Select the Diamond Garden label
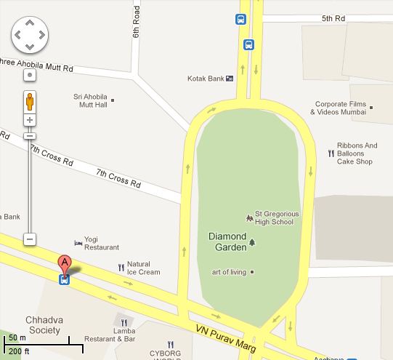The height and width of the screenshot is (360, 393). coord(227,241)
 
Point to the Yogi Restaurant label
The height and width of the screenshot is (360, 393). coord(101,243)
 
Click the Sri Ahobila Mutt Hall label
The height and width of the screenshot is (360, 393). coord(90,100)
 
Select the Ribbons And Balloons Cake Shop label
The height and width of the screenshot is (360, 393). coord(357,153)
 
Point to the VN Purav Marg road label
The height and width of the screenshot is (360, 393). coord(226,339)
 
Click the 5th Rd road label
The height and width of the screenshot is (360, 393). coord(336,18)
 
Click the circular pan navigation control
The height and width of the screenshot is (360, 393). coord(30,33)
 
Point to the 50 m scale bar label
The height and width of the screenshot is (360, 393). coord(16,337)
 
